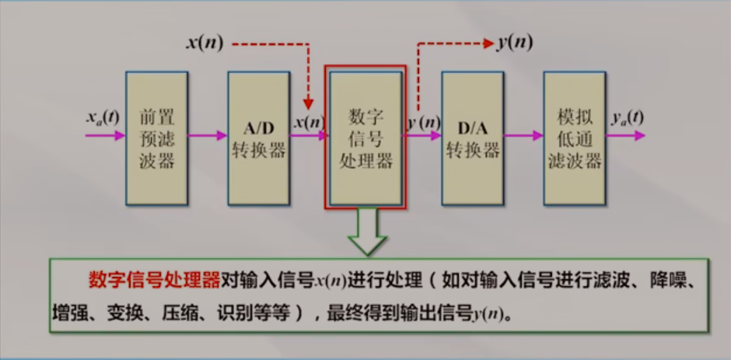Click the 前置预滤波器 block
point(156,138)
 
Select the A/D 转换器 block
point(258,138)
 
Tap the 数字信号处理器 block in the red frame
point(365,138)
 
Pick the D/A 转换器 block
point(472,138)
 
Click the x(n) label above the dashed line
point(205,43)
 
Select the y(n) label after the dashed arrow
point(514,43)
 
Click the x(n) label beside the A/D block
point(310,122)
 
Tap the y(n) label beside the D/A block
point(423,122)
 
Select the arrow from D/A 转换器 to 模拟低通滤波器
point(523,135)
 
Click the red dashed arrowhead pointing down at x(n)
point(309,103)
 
